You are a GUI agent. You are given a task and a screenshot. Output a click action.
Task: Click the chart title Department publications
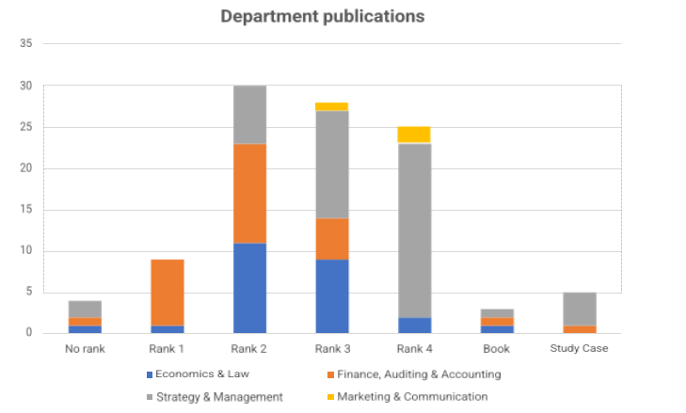(322, 17)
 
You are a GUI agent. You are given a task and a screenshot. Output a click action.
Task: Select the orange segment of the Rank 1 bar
(168, 293)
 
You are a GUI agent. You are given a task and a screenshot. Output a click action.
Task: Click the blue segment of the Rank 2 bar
(249, 288)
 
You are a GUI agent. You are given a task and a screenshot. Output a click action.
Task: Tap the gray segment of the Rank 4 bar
(413, 230)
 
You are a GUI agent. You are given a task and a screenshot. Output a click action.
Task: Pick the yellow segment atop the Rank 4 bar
(413, 135)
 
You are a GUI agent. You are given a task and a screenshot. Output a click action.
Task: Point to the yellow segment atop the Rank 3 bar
(332, 106)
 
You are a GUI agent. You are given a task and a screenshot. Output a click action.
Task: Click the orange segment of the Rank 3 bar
(332, 239)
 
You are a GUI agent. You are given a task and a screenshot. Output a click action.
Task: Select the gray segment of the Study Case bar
(579, 309)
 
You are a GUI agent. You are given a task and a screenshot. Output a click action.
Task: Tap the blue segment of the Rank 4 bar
(413, 326)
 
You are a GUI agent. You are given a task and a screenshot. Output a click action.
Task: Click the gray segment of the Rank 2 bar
(249, 115)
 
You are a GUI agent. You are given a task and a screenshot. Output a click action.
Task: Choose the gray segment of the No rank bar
(85, 310)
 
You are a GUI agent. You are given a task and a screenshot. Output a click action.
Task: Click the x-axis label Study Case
(579, 348)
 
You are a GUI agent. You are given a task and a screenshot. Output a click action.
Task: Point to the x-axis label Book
(496, 348)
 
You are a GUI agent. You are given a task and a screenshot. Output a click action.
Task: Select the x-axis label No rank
(85, 348)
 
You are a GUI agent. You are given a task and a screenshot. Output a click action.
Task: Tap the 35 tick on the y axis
(25, 44)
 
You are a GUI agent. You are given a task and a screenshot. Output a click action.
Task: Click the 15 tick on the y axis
(25, 210)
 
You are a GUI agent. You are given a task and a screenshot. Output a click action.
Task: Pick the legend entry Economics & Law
(192, 374)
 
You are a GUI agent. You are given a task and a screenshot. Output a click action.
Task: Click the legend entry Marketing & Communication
(411, 397)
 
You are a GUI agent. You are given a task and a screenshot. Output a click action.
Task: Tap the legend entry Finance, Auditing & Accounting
(417, 374)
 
